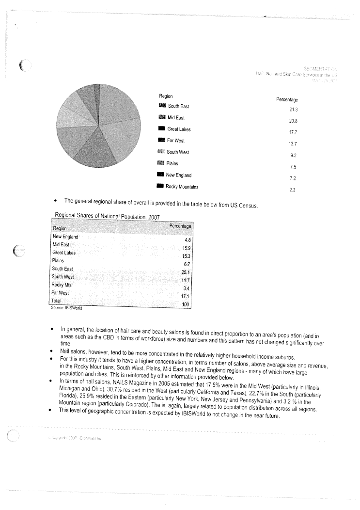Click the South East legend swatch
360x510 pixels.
click(162, 106)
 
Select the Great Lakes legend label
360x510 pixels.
click(179, 129)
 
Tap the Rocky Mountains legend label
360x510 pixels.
click(182, 187)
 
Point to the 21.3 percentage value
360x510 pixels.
click(293, 110)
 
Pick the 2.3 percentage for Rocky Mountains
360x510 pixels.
click(292, 190)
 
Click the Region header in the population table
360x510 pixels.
click(60, 228)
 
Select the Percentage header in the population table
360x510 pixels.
click(181, 226)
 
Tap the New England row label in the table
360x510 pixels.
click(65, 237)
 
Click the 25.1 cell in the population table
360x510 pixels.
click(186, 272)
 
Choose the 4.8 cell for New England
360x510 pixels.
click(187, 240)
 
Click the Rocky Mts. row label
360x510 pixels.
click(62, 285)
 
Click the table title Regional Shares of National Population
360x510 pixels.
click(107, 216)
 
